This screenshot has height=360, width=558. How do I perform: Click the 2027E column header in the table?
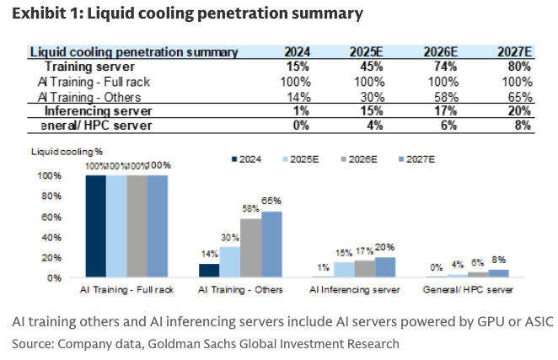(512, 51)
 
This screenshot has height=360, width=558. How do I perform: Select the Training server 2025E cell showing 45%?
(366, 67)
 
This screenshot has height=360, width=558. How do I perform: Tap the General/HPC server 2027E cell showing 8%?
(523, 125)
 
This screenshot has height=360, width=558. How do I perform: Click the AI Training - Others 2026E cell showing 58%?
(443, 96)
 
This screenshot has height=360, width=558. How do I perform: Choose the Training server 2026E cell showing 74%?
(443, 67)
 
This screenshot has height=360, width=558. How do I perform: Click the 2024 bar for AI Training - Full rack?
(95, 226)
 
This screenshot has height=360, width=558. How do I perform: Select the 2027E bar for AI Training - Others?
(271, 244)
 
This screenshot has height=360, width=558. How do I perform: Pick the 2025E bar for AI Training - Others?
(230, 262)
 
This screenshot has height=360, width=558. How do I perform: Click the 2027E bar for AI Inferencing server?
(384, 267)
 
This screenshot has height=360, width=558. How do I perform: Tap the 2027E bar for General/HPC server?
(499, 273)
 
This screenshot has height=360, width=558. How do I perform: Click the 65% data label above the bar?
(271, 201)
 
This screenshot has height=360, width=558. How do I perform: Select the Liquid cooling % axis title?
(60, 153)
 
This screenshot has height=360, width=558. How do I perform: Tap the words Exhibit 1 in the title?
(43, 13)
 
